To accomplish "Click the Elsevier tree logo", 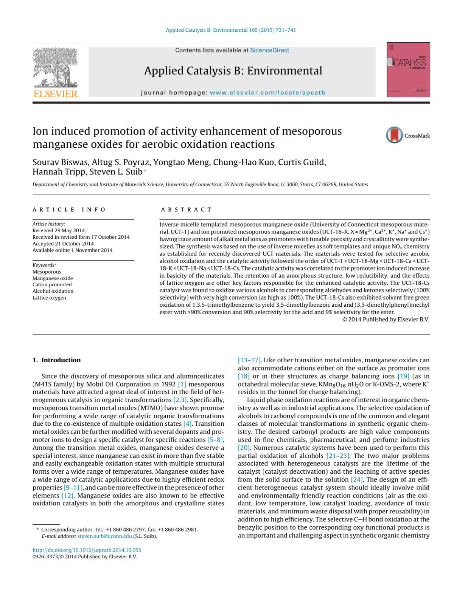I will click(55, 68).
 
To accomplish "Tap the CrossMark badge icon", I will click(394, 135).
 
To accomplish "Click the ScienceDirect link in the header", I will click(269, 50).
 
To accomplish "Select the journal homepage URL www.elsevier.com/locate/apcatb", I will click(267, 93).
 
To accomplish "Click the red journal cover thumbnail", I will click(408, 70).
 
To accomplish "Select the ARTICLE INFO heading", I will click(69, 210).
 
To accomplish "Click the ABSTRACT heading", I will click(186, 210).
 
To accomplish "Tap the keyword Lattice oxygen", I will click(49, 298).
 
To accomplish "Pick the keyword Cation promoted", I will click(52, 285).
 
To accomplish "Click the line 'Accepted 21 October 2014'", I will click(63, 244).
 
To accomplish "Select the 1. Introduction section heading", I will click(56, 360).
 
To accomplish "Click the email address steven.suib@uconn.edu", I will click(105, 536).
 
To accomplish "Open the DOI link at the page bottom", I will click(87, 550).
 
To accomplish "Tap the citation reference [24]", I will click(357, 479).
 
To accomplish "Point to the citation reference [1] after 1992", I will click(182, 384).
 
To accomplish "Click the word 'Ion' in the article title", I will click(40, 131).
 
